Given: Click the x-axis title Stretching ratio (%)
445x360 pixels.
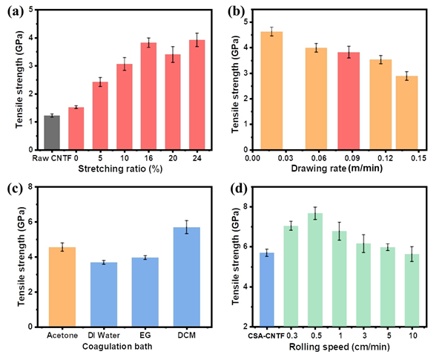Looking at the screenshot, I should (123, 168).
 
